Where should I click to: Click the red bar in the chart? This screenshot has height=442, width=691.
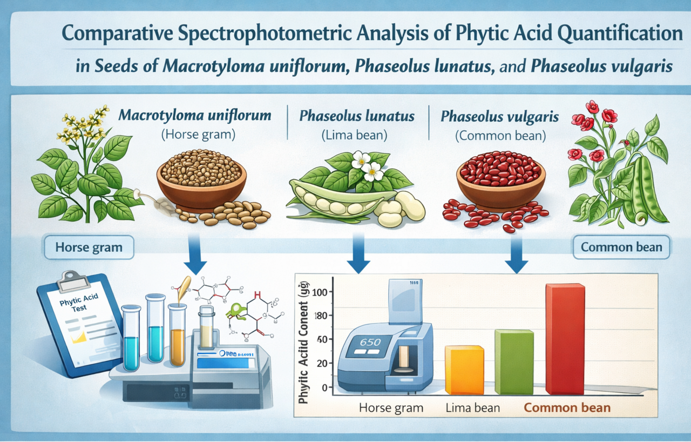pyautogui.click(x=565, y=339)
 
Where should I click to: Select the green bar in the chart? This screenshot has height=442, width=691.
pyautogui.click(x=513, y=361)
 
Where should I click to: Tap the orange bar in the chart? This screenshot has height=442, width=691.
pyautogui.click(x=464, y=370)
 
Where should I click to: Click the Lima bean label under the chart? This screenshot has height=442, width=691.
pyautogui.click(x=473, y=407)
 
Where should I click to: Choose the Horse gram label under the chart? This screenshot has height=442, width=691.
pyautogui.click(x=391, y=407)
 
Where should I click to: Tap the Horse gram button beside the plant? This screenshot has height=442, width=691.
pyautogui.click(x=89, y=248)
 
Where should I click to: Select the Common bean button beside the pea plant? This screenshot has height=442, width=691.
pyautogui.click(x=621, y=247)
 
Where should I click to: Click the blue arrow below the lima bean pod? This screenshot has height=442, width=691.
pyautogui.click(x=358, y=253)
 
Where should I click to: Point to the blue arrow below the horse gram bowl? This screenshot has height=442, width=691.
pyautogui.click(x=195, y=254)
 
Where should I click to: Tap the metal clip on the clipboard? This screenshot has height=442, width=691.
pyautogui.click(x=73, y=279)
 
